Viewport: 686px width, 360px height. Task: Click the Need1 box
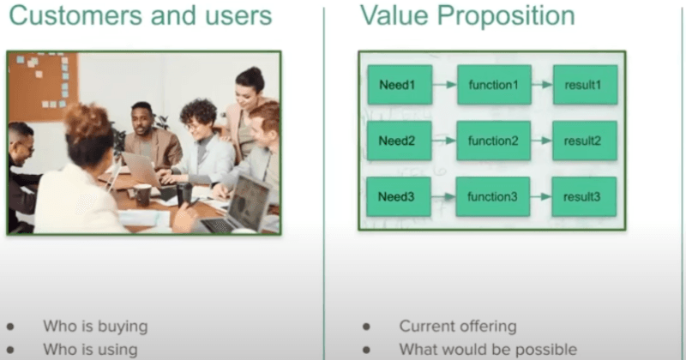coord(400,84)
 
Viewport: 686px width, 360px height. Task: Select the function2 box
coord(493,141)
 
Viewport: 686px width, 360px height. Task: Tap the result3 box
coord(584,196)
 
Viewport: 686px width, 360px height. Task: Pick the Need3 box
coord(400,196)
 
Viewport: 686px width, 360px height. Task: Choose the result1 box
coord(584,84)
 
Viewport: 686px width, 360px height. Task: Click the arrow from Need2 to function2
coord(444,141)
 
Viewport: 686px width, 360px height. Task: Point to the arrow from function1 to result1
coord(542,84)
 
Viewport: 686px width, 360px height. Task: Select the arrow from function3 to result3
coord(542,196)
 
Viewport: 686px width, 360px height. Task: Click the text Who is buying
coord(95,326)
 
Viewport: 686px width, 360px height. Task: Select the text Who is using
coord(90,349)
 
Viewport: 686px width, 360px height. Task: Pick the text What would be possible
coord(487,349)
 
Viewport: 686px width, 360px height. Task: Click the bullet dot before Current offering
coord(366,327)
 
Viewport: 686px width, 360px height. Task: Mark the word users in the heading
coord(233,15)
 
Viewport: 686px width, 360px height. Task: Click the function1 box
coord(493,84)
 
